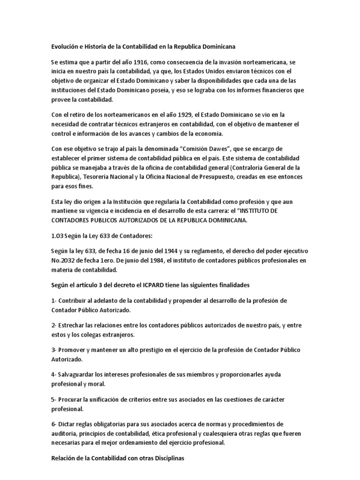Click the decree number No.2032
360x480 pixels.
pyautogui.click(x=65, y=261)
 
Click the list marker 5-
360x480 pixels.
pyautogui.click(x=53, y=398)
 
